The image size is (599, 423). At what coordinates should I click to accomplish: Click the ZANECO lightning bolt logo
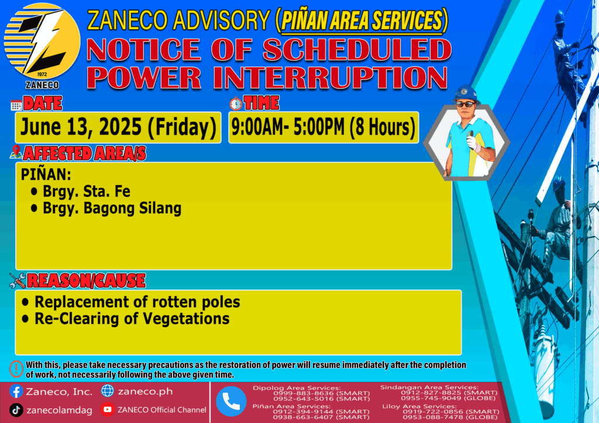click(x=42, y=41)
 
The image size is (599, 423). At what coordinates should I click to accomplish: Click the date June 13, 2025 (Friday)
click(x=118, y=127)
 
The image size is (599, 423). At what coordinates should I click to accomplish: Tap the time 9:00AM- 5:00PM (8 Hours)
click(x=323, y=127)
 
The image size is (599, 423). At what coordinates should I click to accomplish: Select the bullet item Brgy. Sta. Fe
click(x=80, y=191)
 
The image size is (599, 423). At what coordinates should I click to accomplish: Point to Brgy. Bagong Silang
click(x=106, y=208)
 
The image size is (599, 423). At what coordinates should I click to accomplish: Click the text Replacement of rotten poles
click(x=131, y=301)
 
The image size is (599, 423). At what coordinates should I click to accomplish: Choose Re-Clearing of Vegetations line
click(x=126, y=318)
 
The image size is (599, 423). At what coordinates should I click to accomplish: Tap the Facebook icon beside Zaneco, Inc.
click(x=16, y=391)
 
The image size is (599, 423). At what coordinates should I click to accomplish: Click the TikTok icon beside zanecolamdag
click(x=16, y=410)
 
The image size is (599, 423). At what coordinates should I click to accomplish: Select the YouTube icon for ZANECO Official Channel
click(x=108, y=410)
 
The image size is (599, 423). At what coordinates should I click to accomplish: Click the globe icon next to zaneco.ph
click(x=108, y=391)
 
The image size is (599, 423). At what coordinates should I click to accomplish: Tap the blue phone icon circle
click(x=231, y=401)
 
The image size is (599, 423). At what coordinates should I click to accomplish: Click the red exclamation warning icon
click(x=16, y=369)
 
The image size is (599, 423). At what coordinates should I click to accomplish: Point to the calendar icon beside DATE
click(x=16, y=105)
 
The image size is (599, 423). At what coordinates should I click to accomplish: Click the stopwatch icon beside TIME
click(x=236, y=103)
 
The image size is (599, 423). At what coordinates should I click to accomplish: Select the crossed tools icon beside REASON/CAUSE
click(x=18, y=280)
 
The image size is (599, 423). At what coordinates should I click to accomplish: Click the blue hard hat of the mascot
click(x=465, y=94)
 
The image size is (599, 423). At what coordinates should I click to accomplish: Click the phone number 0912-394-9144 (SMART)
click(x=321, y=412)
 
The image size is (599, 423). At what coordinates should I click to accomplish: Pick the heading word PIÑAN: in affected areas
click(x=46, y=174)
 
